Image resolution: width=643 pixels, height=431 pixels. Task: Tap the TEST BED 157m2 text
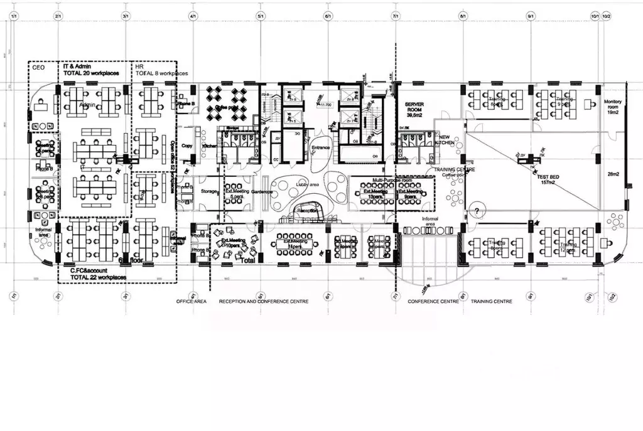[x=548, y=180]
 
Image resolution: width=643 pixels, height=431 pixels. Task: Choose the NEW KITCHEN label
[x=447, y=141]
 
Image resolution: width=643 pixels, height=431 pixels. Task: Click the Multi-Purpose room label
[x=387, y=179]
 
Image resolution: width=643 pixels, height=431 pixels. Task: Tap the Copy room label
[x=186, y=146]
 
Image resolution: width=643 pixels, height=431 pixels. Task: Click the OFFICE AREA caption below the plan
[x=192, y=302]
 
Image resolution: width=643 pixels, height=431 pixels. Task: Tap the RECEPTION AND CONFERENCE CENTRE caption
[x=263, y=302]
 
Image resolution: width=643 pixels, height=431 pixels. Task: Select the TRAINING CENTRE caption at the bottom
[x=491, y=302]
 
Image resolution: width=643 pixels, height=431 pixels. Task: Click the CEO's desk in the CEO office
[x=42, y=105]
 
